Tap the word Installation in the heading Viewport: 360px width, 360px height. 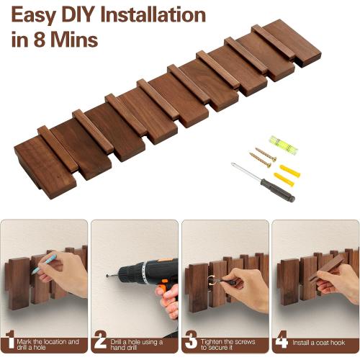tap(153, 15)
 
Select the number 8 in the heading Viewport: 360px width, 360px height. tap(40, 40)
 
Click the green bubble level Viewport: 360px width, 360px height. tap(284, 145)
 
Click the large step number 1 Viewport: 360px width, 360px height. tap(9, 339)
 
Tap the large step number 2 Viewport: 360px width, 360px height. tap(100, 339)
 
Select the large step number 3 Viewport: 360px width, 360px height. tap(191, 340)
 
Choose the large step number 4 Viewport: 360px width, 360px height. tap(282, 339)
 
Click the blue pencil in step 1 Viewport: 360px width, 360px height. tap(44, 264)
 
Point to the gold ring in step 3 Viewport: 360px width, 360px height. tap(211, 280)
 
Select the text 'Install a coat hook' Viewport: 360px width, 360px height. tap(318, 343)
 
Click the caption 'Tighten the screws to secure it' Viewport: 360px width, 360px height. tap(228, 344)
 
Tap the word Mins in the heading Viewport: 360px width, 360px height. tap(74, 40)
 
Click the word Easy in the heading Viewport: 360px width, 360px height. tap(33, 16)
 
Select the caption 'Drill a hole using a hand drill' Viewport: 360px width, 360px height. tap(136, 345)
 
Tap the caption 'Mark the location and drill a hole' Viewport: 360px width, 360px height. tap(48, 344)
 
